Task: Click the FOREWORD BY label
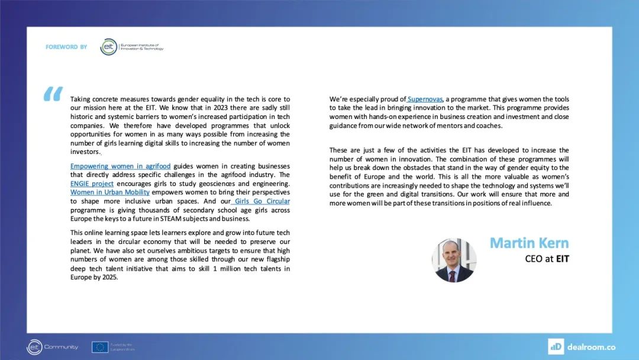point(66,47)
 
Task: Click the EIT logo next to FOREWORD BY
point(109,47)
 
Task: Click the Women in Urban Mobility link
point(109,192)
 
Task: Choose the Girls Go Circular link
point(262,201)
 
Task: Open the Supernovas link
point(425,99)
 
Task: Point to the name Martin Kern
point(529,243)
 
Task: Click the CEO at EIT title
point(547,259)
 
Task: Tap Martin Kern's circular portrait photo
point(454,261)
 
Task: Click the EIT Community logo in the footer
point(53,346)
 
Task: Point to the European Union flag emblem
point(99,346)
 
